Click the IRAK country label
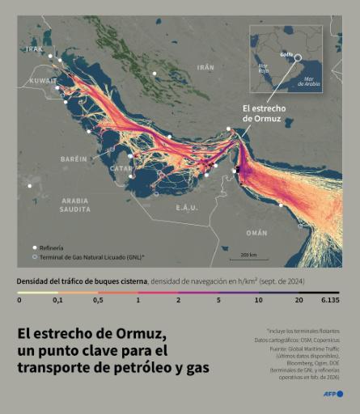33,49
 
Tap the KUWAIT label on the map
43,81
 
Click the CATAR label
120,168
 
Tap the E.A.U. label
187,208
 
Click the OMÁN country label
256,232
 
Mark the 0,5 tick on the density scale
98,299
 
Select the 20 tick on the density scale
299,299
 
